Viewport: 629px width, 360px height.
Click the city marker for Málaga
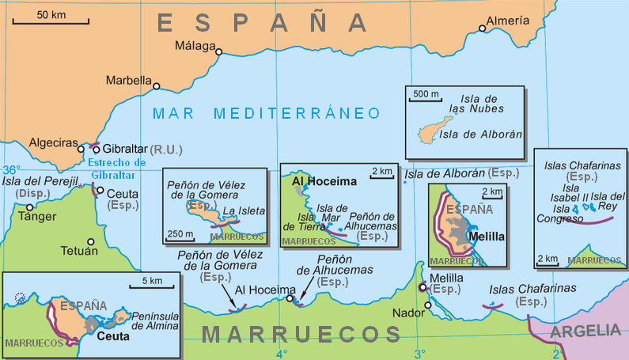coord(220,52)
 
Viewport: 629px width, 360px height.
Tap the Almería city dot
coord(483,29)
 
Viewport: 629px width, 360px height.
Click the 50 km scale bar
coord(51,22)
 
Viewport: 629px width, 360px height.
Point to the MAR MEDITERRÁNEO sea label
coord(267,113)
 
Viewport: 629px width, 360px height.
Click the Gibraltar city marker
coord(97,149)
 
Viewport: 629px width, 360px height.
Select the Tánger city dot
coord(30,207)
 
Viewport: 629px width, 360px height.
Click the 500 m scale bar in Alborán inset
coord(425,100)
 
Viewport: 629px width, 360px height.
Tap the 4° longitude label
coord(282,353)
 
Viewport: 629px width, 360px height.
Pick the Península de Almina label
coord(154,320)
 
